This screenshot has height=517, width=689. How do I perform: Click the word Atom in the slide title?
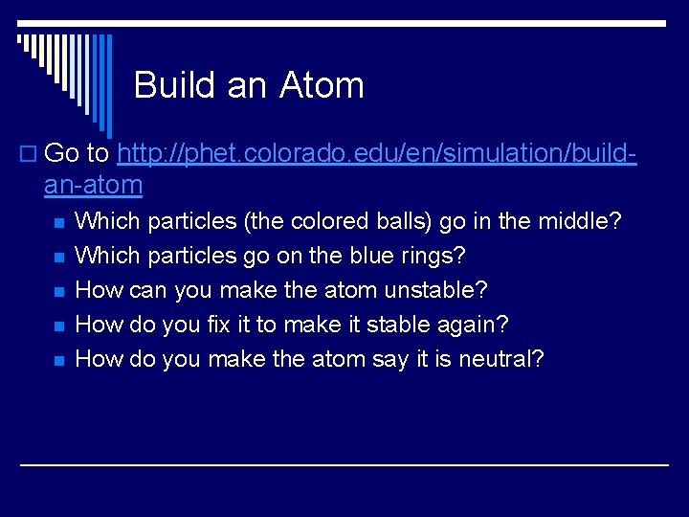(x=322, y=85)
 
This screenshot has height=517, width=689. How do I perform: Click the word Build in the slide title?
(x=172, y=85)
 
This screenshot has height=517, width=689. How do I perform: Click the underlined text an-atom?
(x=93, y=184)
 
